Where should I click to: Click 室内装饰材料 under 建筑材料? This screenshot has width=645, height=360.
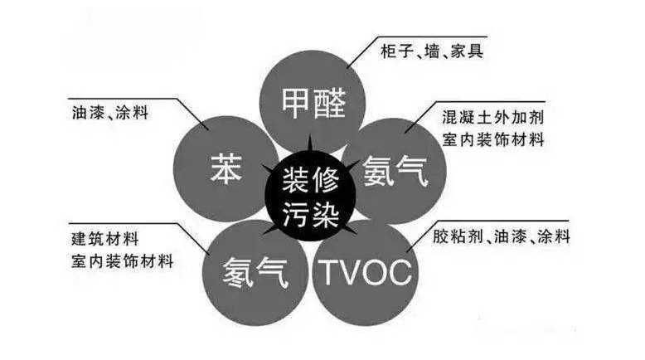(121, 261)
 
